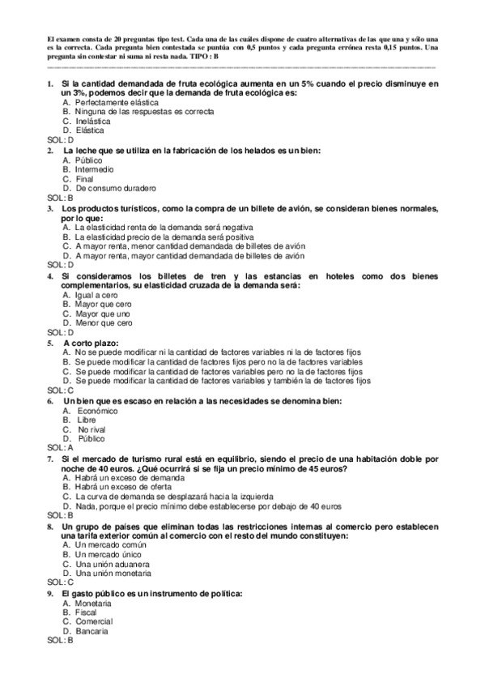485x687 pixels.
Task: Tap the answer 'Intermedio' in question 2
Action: (x=94, y=170)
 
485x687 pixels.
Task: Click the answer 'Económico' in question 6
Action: (x=97, y=411)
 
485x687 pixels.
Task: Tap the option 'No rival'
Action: (x=93, y=429)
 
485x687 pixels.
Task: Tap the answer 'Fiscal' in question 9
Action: (x=86, y=613)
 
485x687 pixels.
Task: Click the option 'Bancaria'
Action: (x=91, y=631)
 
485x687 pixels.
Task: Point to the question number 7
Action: (x=50, y=459)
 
